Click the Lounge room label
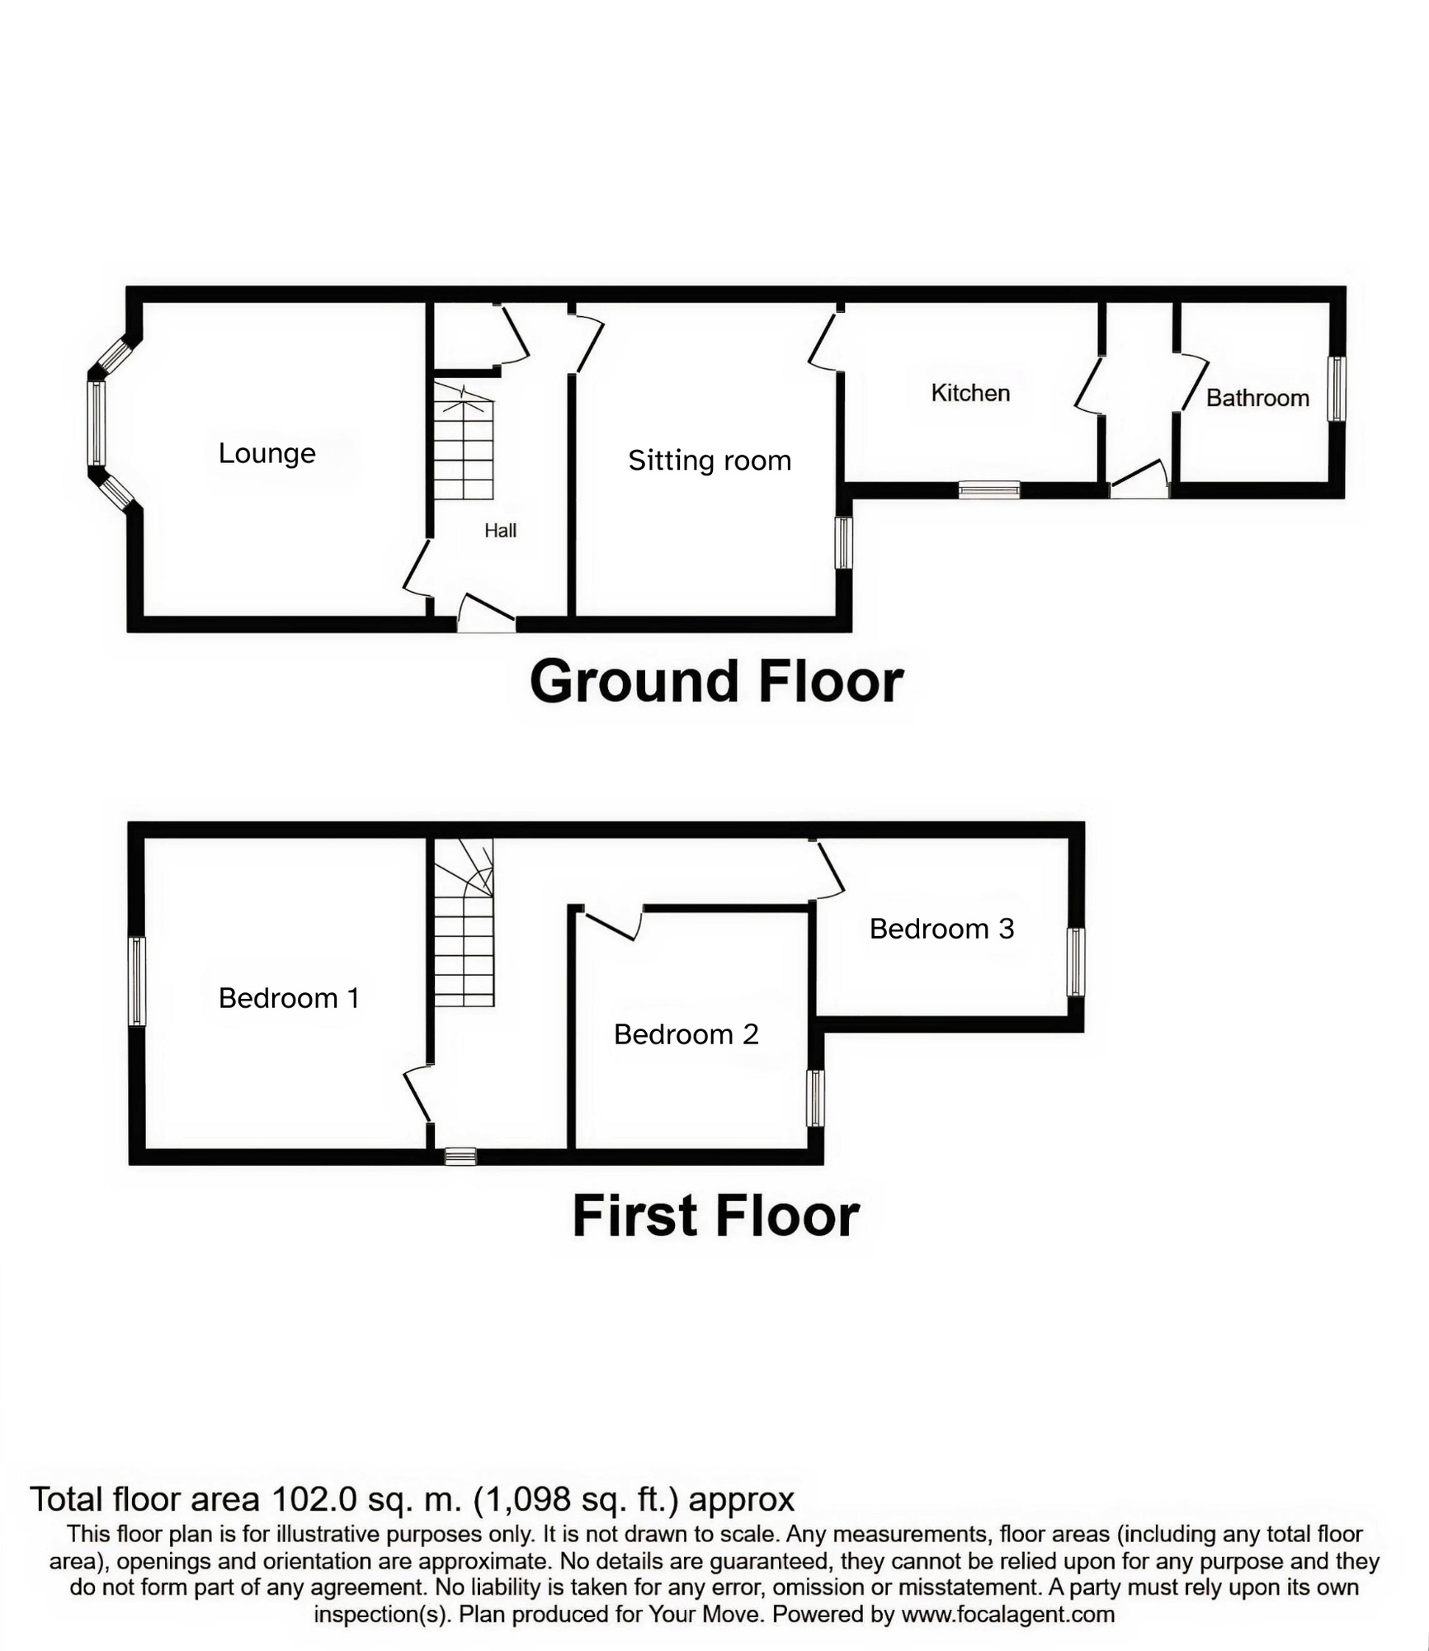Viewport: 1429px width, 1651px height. tap(266, 453)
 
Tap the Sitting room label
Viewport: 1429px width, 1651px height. tap(710, 461)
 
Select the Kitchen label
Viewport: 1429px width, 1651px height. tap(970, 393)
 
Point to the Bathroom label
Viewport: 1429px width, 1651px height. tap(1257, 398)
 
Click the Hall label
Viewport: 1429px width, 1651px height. tap(500, 531)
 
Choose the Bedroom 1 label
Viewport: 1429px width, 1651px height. tap(289, 998)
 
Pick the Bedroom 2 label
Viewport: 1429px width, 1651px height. tap(686, 1034)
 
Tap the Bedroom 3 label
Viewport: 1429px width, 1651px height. tap(941, 929)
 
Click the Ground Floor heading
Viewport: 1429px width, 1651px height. tap(716, 682)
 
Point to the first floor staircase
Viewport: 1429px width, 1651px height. tap(464, 922)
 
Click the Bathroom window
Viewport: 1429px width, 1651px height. tap(1337, 389)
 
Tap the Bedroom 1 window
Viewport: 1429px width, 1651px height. tap(137, 981)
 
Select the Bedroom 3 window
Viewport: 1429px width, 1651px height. tap(1075, 962)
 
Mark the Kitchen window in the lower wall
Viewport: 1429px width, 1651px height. tap(989, 490)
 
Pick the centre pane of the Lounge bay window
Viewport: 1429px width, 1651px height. tap(97, 423)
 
